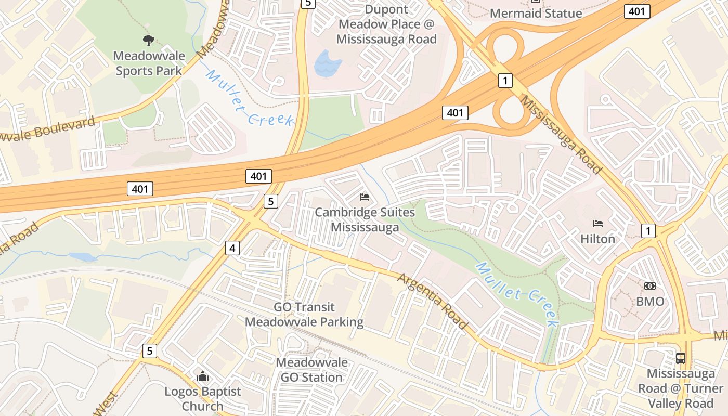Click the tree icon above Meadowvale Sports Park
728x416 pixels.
(149, 40)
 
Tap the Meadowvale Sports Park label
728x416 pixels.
(149, 63)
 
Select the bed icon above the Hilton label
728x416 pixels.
(598, 224)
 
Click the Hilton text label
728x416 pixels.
(598, 239)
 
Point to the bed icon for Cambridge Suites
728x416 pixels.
(365, 197)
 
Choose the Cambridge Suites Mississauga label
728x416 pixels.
(365, 220)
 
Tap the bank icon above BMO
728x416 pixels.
(650, 286)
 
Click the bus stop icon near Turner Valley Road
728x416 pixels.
(680, 358)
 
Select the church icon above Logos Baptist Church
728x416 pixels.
(203, 376)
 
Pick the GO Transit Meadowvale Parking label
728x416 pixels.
(304, 315)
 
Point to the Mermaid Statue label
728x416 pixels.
(536, 14)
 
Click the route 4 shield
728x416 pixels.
(232, 249)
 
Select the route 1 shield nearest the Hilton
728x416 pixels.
(648, 230)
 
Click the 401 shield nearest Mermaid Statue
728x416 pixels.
(638, 11)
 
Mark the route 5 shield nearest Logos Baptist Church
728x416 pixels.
(150, 351)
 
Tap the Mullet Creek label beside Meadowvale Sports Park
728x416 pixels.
(250, 99)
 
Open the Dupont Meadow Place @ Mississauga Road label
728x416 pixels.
(386, 24)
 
